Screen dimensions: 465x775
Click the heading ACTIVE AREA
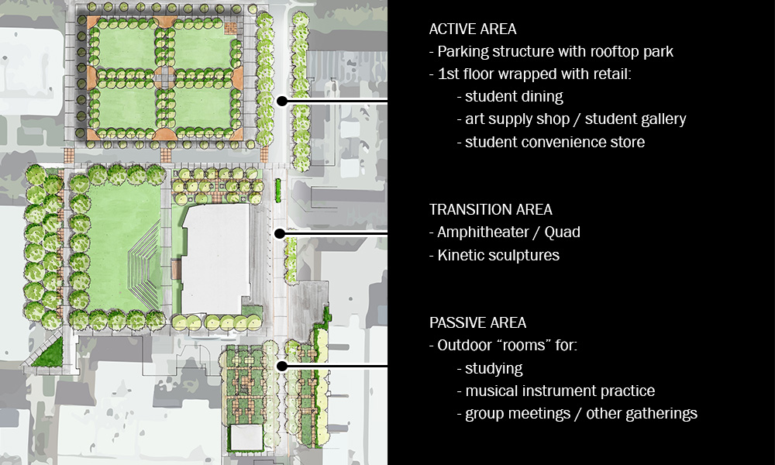click(x=473, y=29)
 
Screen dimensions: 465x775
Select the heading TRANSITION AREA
click(x=491, y=209)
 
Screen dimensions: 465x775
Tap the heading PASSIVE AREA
click(x=477, y=322)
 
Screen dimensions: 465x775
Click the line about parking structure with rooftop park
click(x=551, y=52)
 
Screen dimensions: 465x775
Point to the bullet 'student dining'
click(x=510, y=97)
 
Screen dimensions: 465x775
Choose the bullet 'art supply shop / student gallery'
click(x=571, y=119)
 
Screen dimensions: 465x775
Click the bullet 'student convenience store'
click(x=550, y=142)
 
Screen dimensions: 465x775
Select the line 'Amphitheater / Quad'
click(x=505, y=232)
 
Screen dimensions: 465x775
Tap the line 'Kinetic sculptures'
click(x=494, y=255)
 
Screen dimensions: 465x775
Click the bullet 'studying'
click(x=490, y=368)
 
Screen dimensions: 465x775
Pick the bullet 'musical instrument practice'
click(x=556, y=391)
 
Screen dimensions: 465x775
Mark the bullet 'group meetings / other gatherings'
click(x=577, y=413)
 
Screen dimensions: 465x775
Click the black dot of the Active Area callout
click(x=282, y=101)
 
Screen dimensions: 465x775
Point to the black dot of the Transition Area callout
click(x=281, y=232)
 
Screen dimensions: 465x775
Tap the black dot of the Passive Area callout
click(x=282, y=366)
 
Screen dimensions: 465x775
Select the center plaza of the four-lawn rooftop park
click(x=164, y=77)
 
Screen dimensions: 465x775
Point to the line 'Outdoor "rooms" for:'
click(x=503, y=346)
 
